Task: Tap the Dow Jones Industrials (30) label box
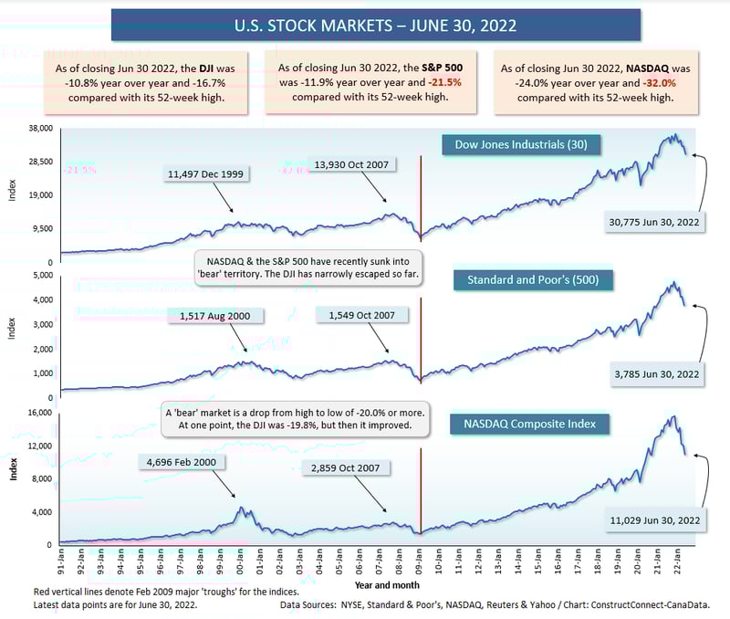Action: coord(521,144)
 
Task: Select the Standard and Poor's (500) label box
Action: coord(534,279)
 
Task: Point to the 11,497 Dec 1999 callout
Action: coord(204,173)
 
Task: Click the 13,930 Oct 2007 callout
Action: coord(351,164)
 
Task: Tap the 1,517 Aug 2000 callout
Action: coord(215,316)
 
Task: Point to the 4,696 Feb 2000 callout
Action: coord(181,462)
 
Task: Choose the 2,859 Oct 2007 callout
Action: coord(346,467)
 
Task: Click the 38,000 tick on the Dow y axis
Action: coord(42,129)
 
